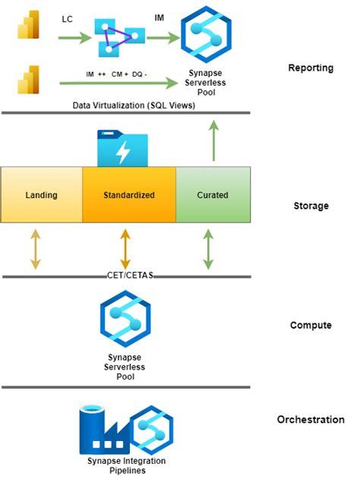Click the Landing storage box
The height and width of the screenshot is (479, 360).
pyautogui.click(x=42, y=194)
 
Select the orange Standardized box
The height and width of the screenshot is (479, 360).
pyautogui.click(x=129, y=194)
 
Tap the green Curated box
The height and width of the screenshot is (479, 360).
pyautogui.click(x=213, y=194)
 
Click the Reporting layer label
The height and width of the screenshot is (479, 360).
pyautogui.click(x=311, y=68)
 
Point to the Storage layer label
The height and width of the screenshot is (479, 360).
pyautogui.click(x=311, y=206)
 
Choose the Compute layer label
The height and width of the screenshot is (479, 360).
pyautogui.click(x=311, y=325)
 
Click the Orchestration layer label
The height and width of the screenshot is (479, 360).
pyautogui.click(x=311, y=420)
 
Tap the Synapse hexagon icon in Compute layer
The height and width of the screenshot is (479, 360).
pyautogui.click(x=126, y=318)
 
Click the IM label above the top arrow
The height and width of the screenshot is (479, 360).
pyautogui.click(x=159, y=16)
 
